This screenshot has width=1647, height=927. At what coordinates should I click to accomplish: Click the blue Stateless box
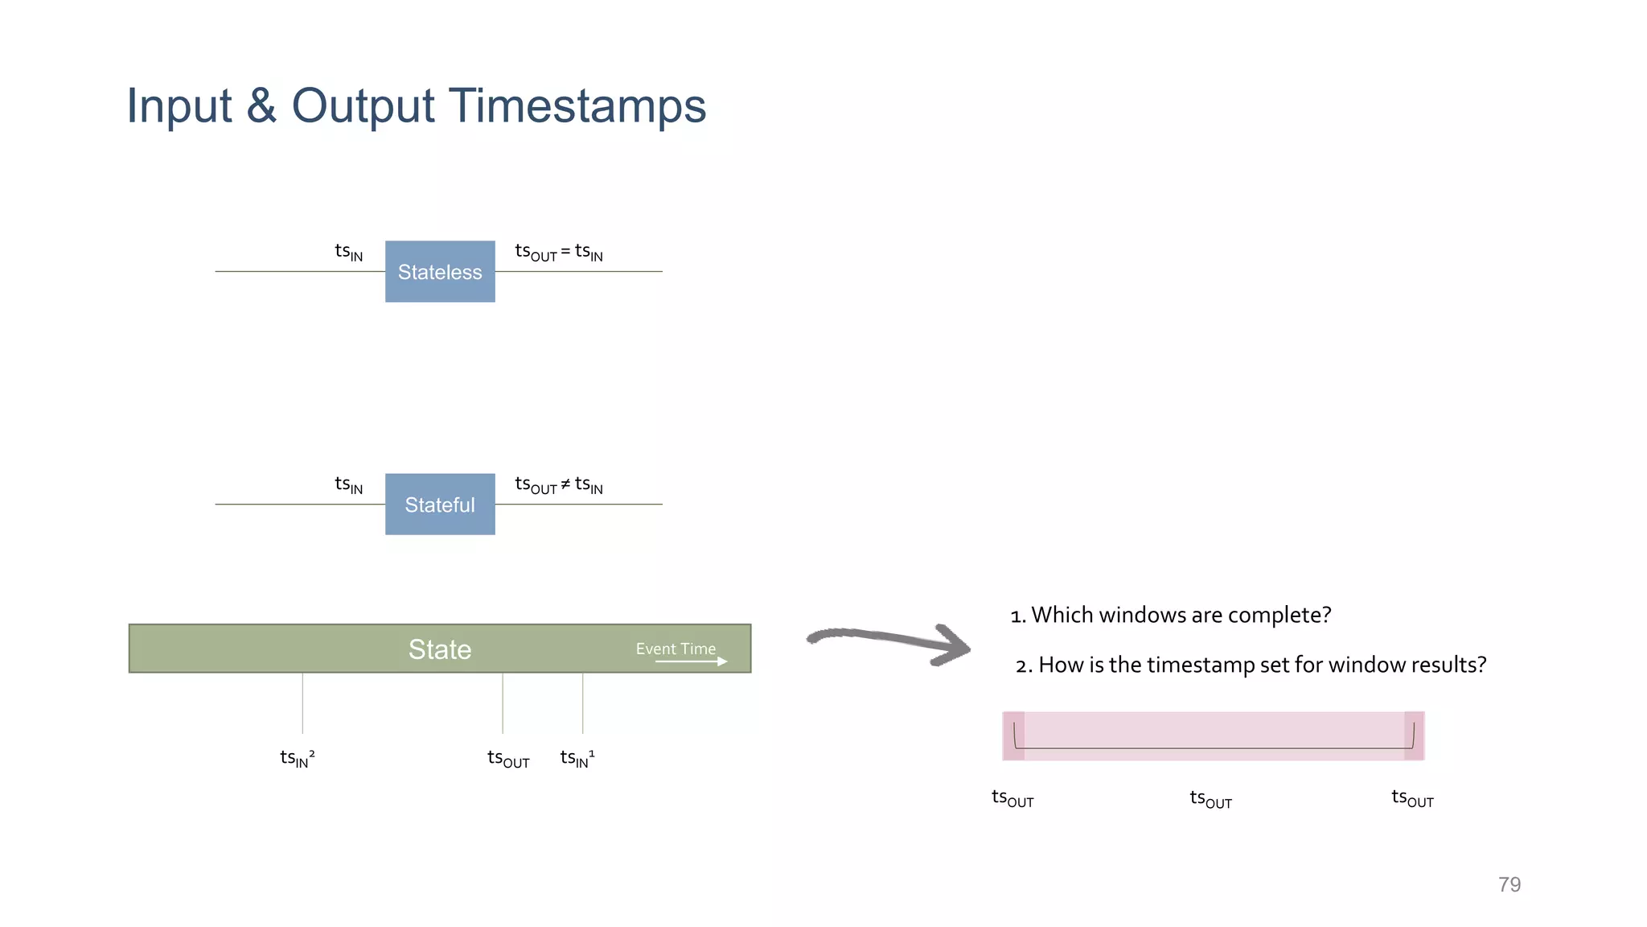[440, 272]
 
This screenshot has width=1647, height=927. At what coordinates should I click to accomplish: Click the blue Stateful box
[440, 505]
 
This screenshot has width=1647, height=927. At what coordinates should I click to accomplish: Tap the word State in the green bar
[439, 649]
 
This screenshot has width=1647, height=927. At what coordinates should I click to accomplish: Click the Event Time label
[676, 649]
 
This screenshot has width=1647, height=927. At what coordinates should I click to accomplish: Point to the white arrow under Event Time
[692, 661]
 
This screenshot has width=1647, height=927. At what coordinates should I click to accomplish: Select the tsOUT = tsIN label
[559, 253]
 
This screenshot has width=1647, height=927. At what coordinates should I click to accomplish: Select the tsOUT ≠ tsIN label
[559, 485]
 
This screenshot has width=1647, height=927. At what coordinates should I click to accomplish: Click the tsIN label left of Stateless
[348, 252]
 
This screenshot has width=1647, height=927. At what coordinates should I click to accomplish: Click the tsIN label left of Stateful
[348, 484]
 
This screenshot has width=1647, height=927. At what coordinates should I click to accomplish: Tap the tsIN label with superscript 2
[297, 758]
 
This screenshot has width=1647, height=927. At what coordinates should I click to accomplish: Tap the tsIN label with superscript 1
[577, 758]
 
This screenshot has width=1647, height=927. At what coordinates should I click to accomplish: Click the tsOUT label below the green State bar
[508, 759]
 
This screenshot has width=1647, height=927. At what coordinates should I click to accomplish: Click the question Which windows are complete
[1171, 615]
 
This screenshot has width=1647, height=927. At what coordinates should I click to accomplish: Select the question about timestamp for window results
[1251, 665]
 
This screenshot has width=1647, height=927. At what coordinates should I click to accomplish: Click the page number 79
[1509, 884]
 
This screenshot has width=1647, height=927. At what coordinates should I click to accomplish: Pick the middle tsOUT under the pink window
[1210, 799]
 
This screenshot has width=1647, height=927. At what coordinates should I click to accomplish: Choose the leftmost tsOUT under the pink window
[1012, 798]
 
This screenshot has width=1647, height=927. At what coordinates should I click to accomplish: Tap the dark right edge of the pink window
[1414, 735]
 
